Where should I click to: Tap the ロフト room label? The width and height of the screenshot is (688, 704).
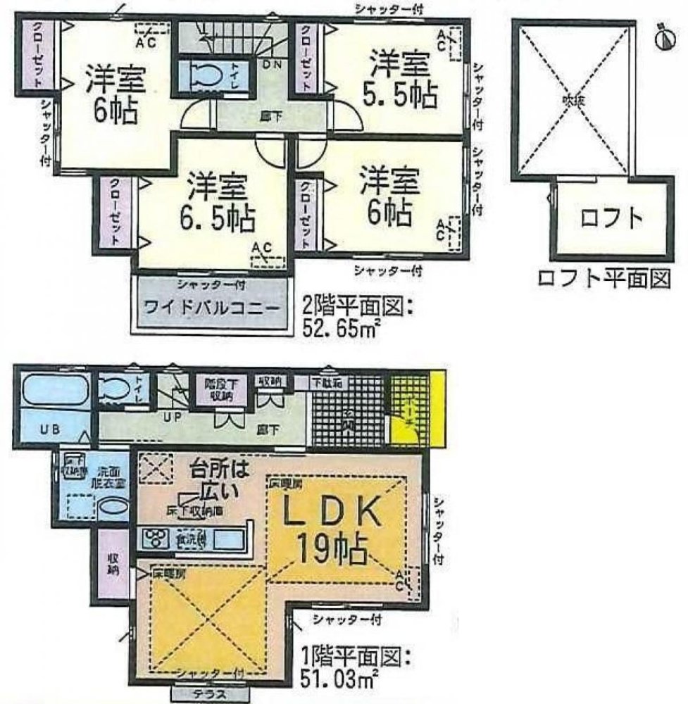(x=612, y=219)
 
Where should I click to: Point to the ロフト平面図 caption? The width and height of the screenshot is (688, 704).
(x=602, y=279)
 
